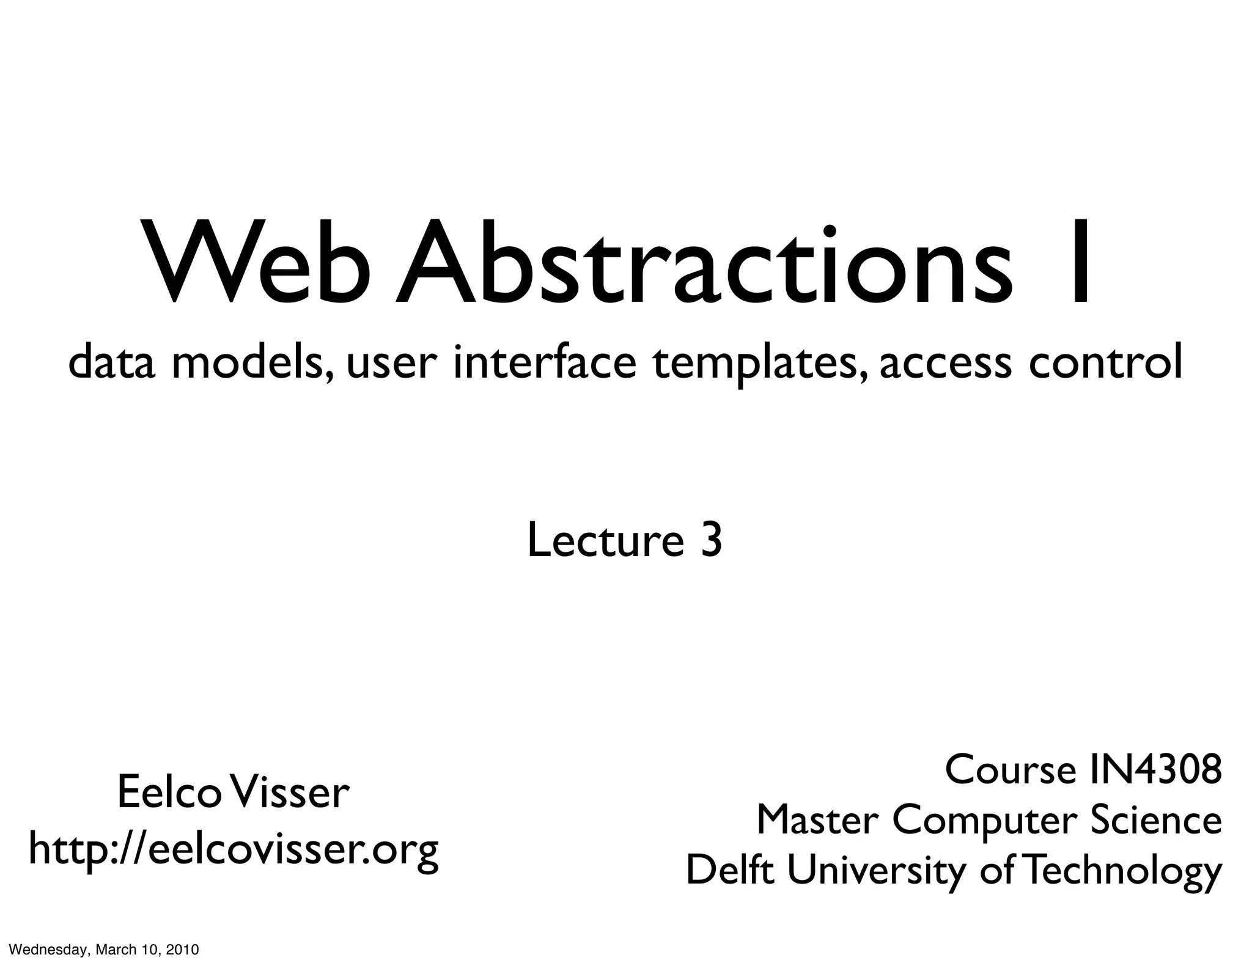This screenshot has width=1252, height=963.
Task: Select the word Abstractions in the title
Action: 703,263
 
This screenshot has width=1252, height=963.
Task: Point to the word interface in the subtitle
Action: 544,362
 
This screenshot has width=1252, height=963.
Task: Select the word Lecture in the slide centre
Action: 605,540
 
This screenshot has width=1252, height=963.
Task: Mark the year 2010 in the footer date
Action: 182,950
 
